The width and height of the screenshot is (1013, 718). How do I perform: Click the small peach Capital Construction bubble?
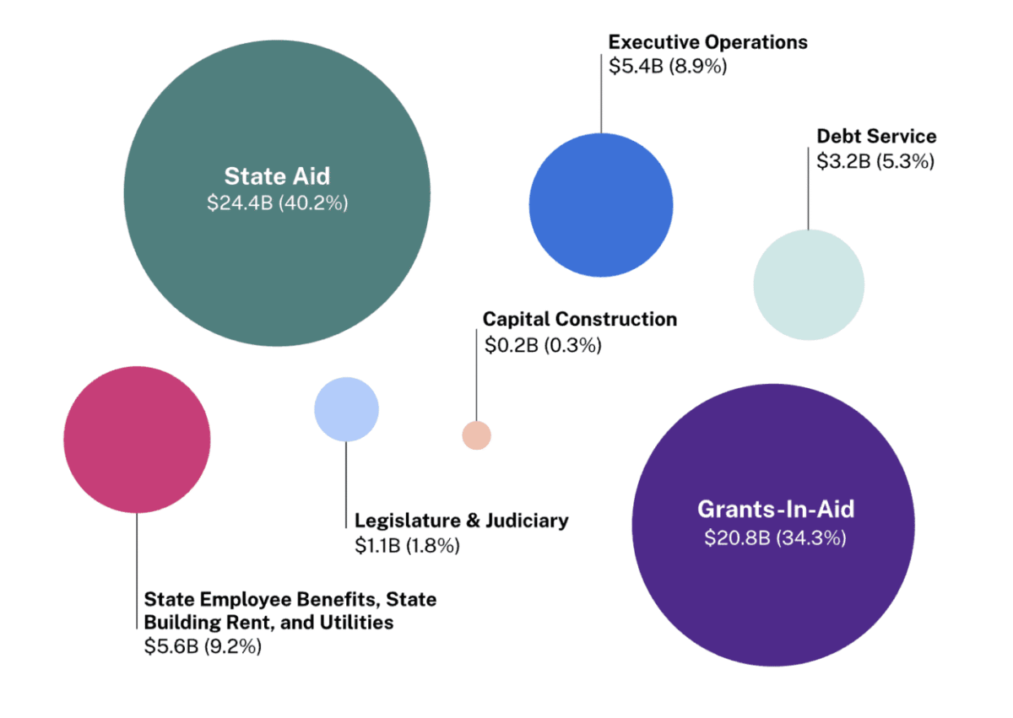(x=476, y=435)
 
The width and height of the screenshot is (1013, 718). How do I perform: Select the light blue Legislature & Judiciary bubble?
(x=346, y=409)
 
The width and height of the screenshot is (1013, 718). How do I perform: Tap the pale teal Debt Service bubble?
(x=809, y=285)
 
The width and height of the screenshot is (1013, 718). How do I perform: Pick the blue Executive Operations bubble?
(x=601, y=204)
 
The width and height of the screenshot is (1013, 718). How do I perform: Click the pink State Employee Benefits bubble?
(x=137, y=440)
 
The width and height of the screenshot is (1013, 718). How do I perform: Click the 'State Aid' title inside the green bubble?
(x=277, y=176)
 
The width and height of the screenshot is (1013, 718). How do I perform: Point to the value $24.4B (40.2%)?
(x=277, y=203)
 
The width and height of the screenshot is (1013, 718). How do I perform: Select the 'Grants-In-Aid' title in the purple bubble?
(x=775, y=510)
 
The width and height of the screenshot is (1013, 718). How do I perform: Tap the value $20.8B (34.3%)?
(x=775, y=537)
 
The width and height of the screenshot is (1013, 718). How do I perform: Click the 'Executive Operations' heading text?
(x=707, y=42)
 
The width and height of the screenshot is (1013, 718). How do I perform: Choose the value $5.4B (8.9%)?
(x=668, y=67)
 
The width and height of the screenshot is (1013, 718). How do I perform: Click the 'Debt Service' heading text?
(x=876, y=137)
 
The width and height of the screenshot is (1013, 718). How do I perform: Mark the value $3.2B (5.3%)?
(x=875, y=162)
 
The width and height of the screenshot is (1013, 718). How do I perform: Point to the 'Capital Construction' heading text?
(x=580, y=320)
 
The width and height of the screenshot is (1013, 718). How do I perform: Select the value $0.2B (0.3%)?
(x=542, y=345)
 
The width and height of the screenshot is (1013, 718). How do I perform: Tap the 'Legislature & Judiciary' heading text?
(x=461, y=521)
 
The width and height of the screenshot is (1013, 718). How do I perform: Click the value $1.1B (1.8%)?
(x=407, y=546)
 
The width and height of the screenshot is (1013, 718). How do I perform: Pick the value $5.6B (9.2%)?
(x=203, y=647)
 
